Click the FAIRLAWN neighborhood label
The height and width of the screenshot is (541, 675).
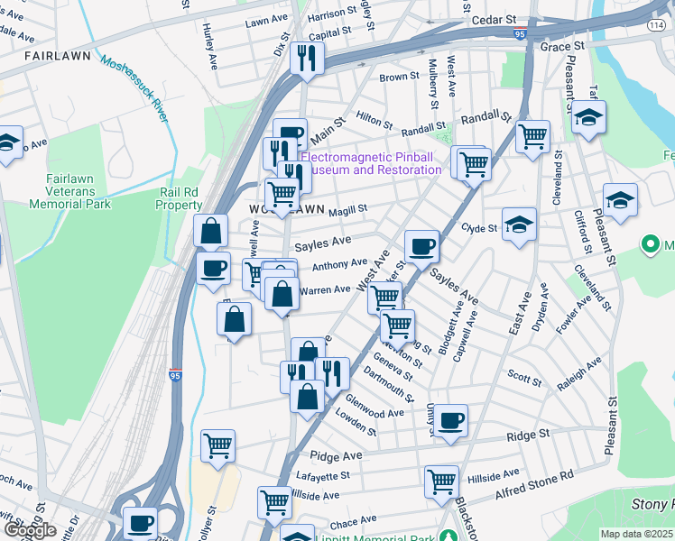58,56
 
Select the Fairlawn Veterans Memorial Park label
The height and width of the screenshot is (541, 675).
69,191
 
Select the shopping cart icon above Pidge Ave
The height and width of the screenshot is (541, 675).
217,445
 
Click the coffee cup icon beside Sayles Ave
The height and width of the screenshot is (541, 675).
421,247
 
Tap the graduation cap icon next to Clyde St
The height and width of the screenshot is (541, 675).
519,224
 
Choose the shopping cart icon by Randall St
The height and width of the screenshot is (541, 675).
532,137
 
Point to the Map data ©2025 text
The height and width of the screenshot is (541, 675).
636,534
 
